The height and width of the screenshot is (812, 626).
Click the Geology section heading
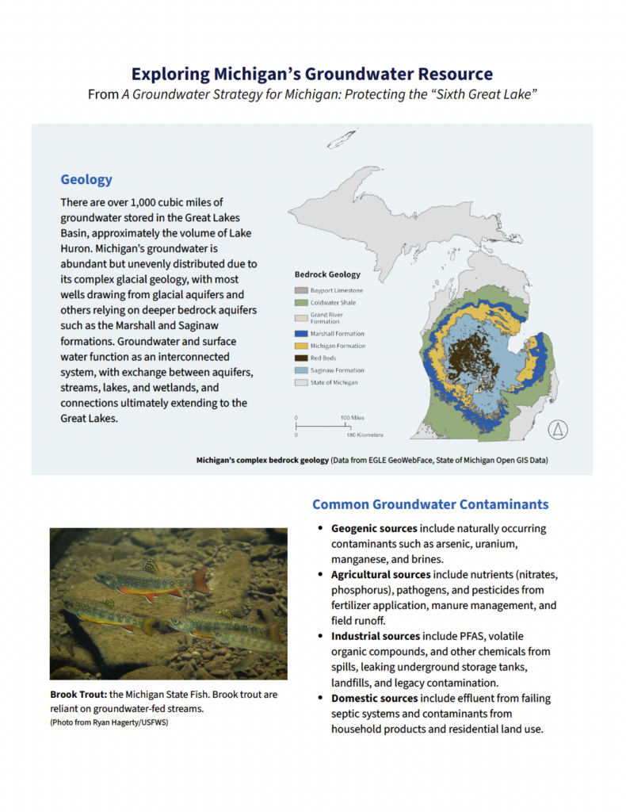click(86, 180)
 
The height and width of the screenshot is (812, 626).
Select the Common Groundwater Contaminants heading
click(429, 504)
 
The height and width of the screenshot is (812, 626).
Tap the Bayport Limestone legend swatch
click(301, 291)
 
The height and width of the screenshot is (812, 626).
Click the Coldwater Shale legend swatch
click(301, 303)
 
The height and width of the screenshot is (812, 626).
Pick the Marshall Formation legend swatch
click(301, 334)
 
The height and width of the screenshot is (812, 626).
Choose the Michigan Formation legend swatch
click(301, 346)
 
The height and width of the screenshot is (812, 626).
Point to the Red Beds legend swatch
click(301, 358)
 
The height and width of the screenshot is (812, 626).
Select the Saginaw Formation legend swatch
click(301, 370)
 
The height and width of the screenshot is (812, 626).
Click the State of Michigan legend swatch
click(301, 382)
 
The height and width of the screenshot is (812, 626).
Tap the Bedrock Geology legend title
click(327, 274)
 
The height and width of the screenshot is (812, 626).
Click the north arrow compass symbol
click(559, 430)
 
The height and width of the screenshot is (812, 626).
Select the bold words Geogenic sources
click(374, 528)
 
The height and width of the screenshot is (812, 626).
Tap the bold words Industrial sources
click(376, 636)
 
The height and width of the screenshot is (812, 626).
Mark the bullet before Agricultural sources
click(320, 574)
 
